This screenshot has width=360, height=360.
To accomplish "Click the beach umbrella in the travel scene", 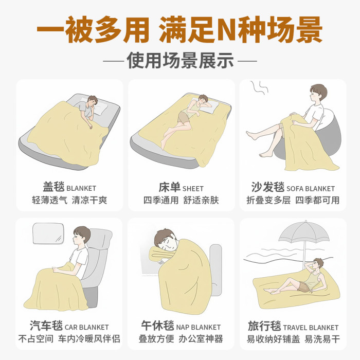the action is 304,237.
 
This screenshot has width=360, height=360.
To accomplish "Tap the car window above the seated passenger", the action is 48,233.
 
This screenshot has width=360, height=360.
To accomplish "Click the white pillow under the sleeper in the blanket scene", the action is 99,107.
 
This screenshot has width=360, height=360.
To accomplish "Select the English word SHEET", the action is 193,189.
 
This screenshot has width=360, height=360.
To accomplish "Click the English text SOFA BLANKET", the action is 311,189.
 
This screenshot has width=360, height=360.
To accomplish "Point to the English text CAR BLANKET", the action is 87,327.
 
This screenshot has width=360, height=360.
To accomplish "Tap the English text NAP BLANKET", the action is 199,327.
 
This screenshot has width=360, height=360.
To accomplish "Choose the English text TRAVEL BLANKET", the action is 311,327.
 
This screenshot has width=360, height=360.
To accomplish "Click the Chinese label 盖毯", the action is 53,187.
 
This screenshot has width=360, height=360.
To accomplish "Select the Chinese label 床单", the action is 169,187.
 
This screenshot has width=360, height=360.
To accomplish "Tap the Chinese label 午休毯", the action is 158,326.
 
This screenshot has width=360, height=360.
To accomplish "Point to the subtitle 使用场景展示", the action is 180,61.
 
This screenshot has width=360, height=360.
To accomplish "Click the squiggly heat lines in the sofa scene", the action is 259,88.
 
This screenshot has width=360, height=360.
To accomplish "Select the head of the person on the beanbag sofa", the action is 318,94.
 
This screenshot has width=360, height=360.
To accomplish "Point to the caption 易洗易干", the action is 322,339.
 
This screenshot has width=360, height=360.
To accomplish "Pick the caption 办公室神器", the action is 201,339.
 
